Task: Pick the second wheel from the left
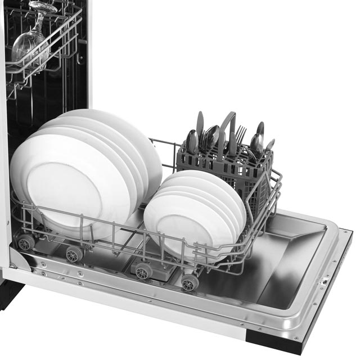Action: coord(73,254)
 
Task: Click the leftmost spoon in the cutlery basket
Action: coord(192,140)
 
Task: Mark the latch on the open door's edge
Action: coord(323,280)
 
